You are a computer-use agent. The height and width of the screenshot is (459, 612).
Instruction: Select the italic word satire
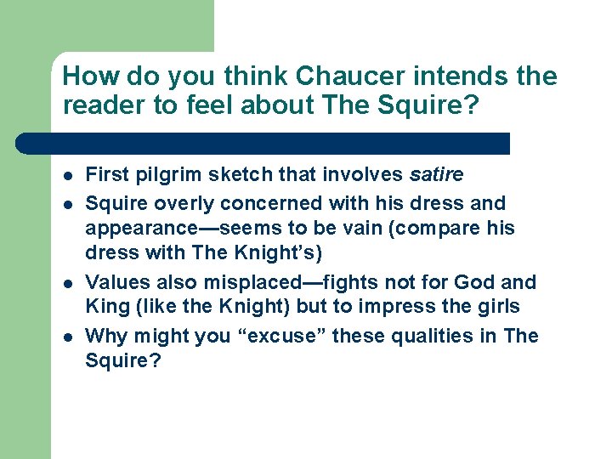pos(436,175)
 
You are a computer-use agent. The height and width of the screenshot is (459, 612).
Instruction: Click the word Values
pos(116,282)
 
